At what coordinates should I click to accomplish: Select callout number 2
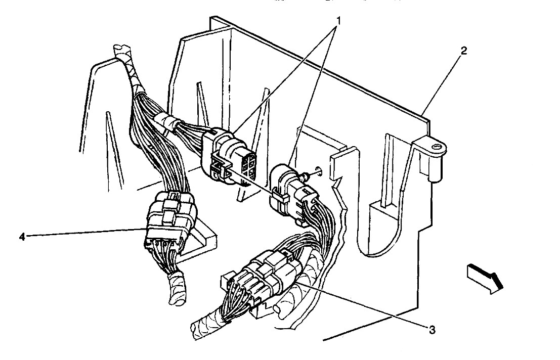tap(464, 51)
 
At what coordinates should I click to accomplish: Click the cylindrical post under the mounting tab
tap(433, 168)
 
